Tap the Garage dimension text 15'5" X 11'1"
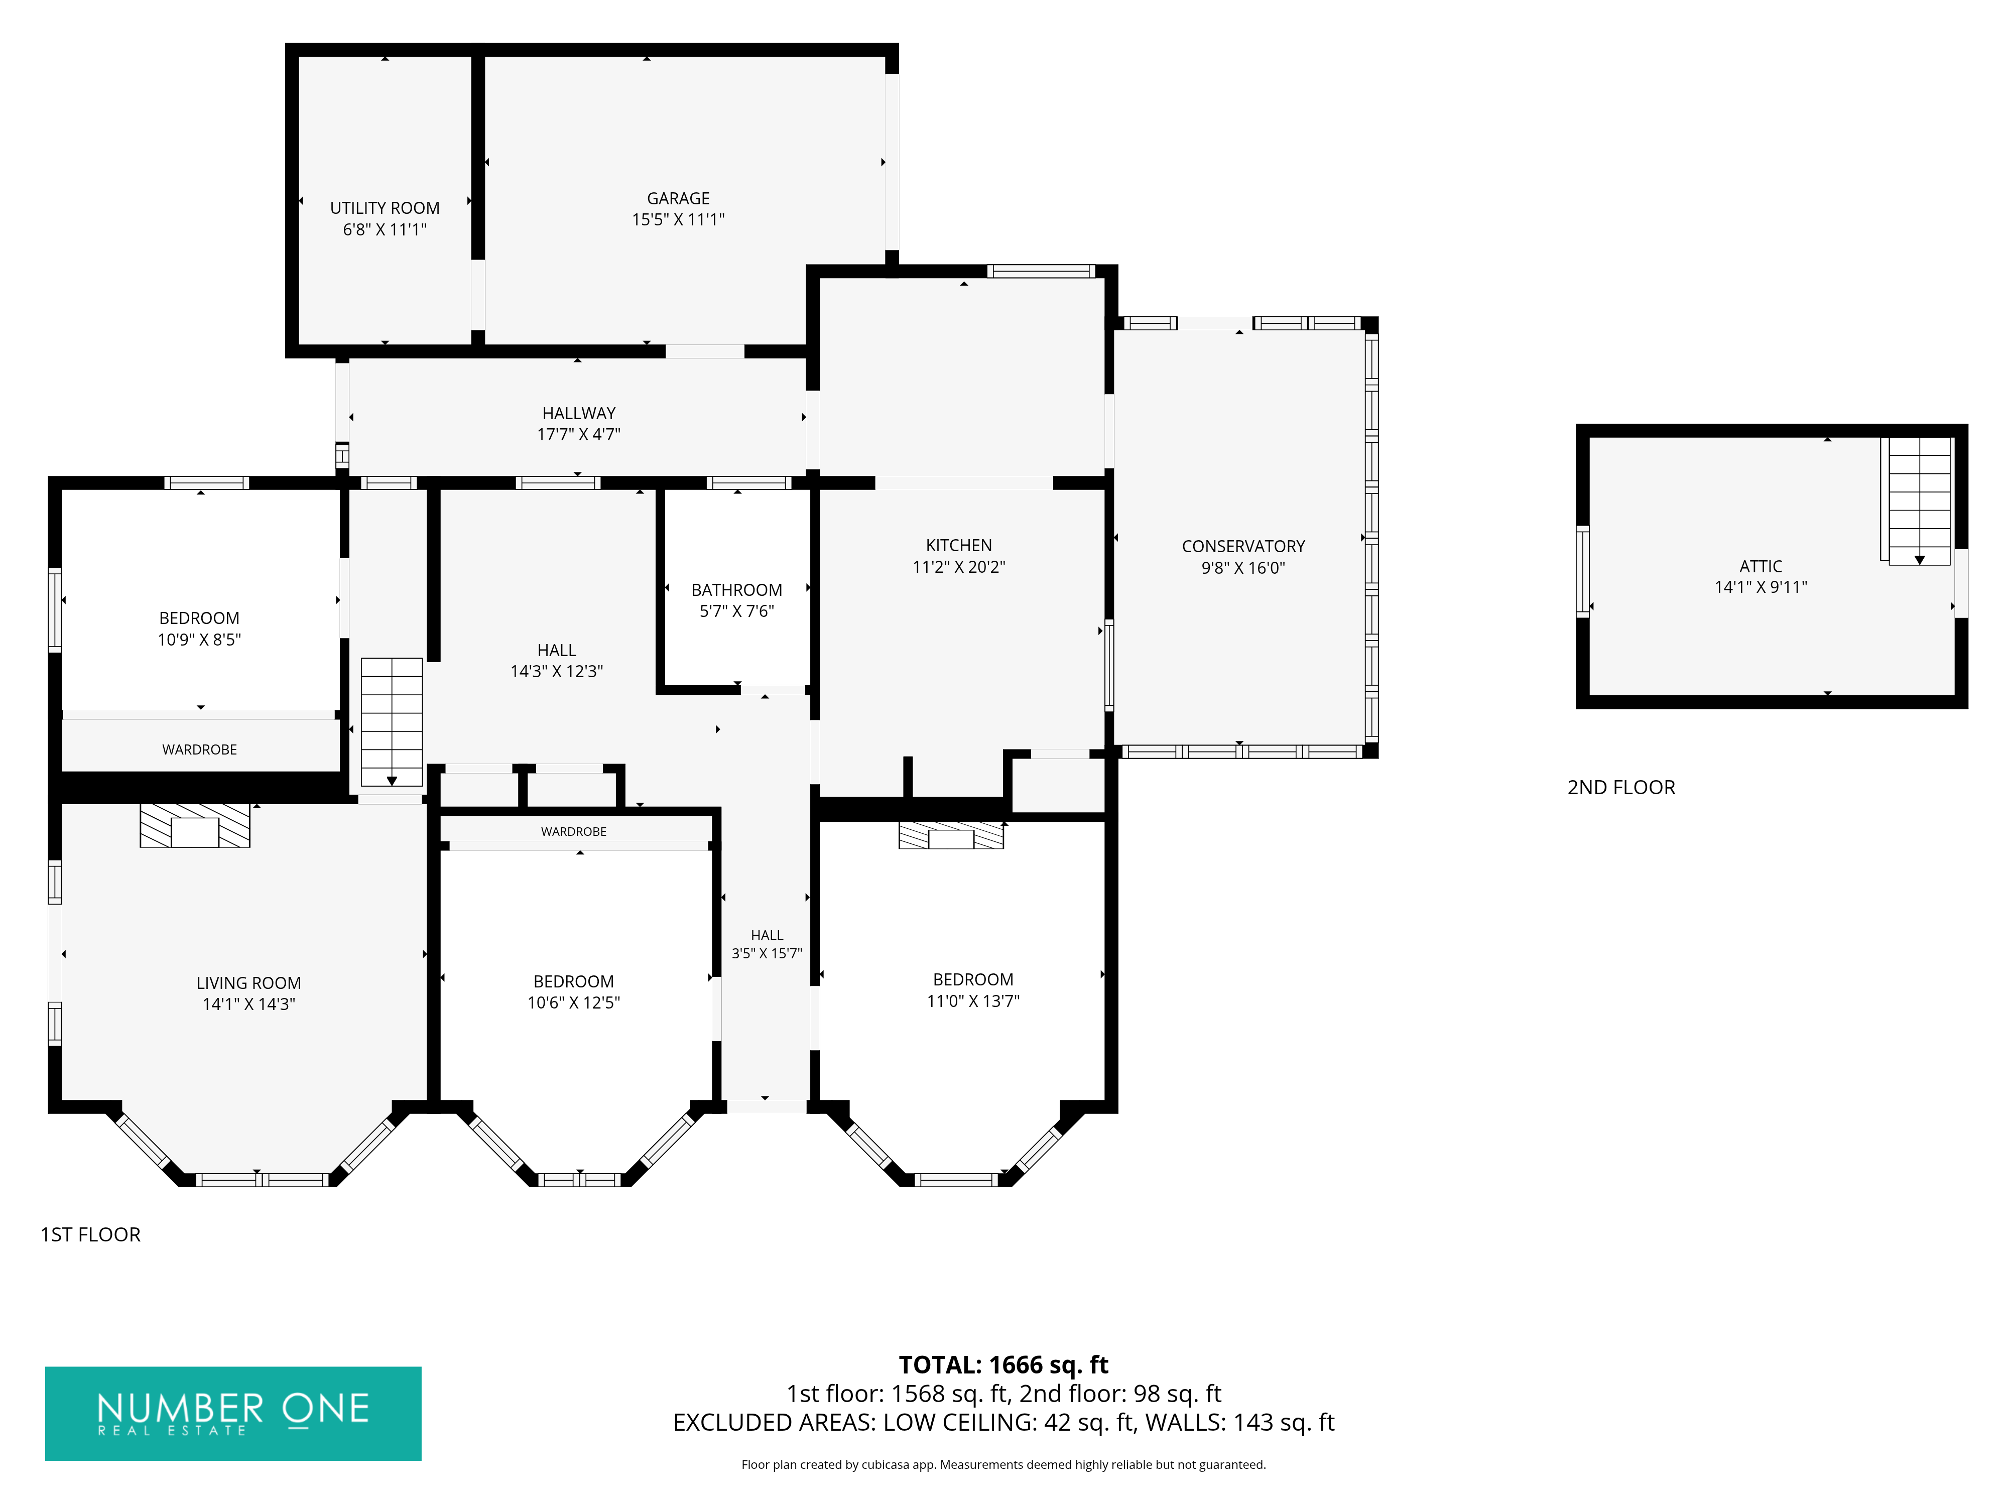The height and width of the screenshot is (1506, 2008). click(678, 220)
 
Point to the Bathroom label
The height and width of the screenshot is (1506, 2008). click(736, 590)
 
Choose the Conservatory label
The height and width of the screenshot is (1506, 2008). click(1243, 547)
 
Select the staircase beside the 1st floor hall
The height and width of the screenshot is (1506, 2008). click(391, 722)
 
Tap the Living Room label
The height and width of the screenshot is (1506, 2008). click(248, 983)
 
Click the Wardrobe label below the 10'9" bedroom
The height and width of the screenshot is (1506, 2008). click(200, 750)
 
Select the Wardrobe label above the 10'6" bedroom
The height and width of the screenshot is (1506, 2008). click(574, 831)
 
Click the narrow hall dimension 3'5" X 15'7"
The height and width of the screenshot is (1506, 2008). click(767, 953)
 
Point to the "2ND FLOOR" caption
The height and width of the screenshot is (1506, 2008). click(1621, 788)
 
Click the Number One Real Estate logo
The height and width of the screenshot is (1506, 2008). click(233, 1414)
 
